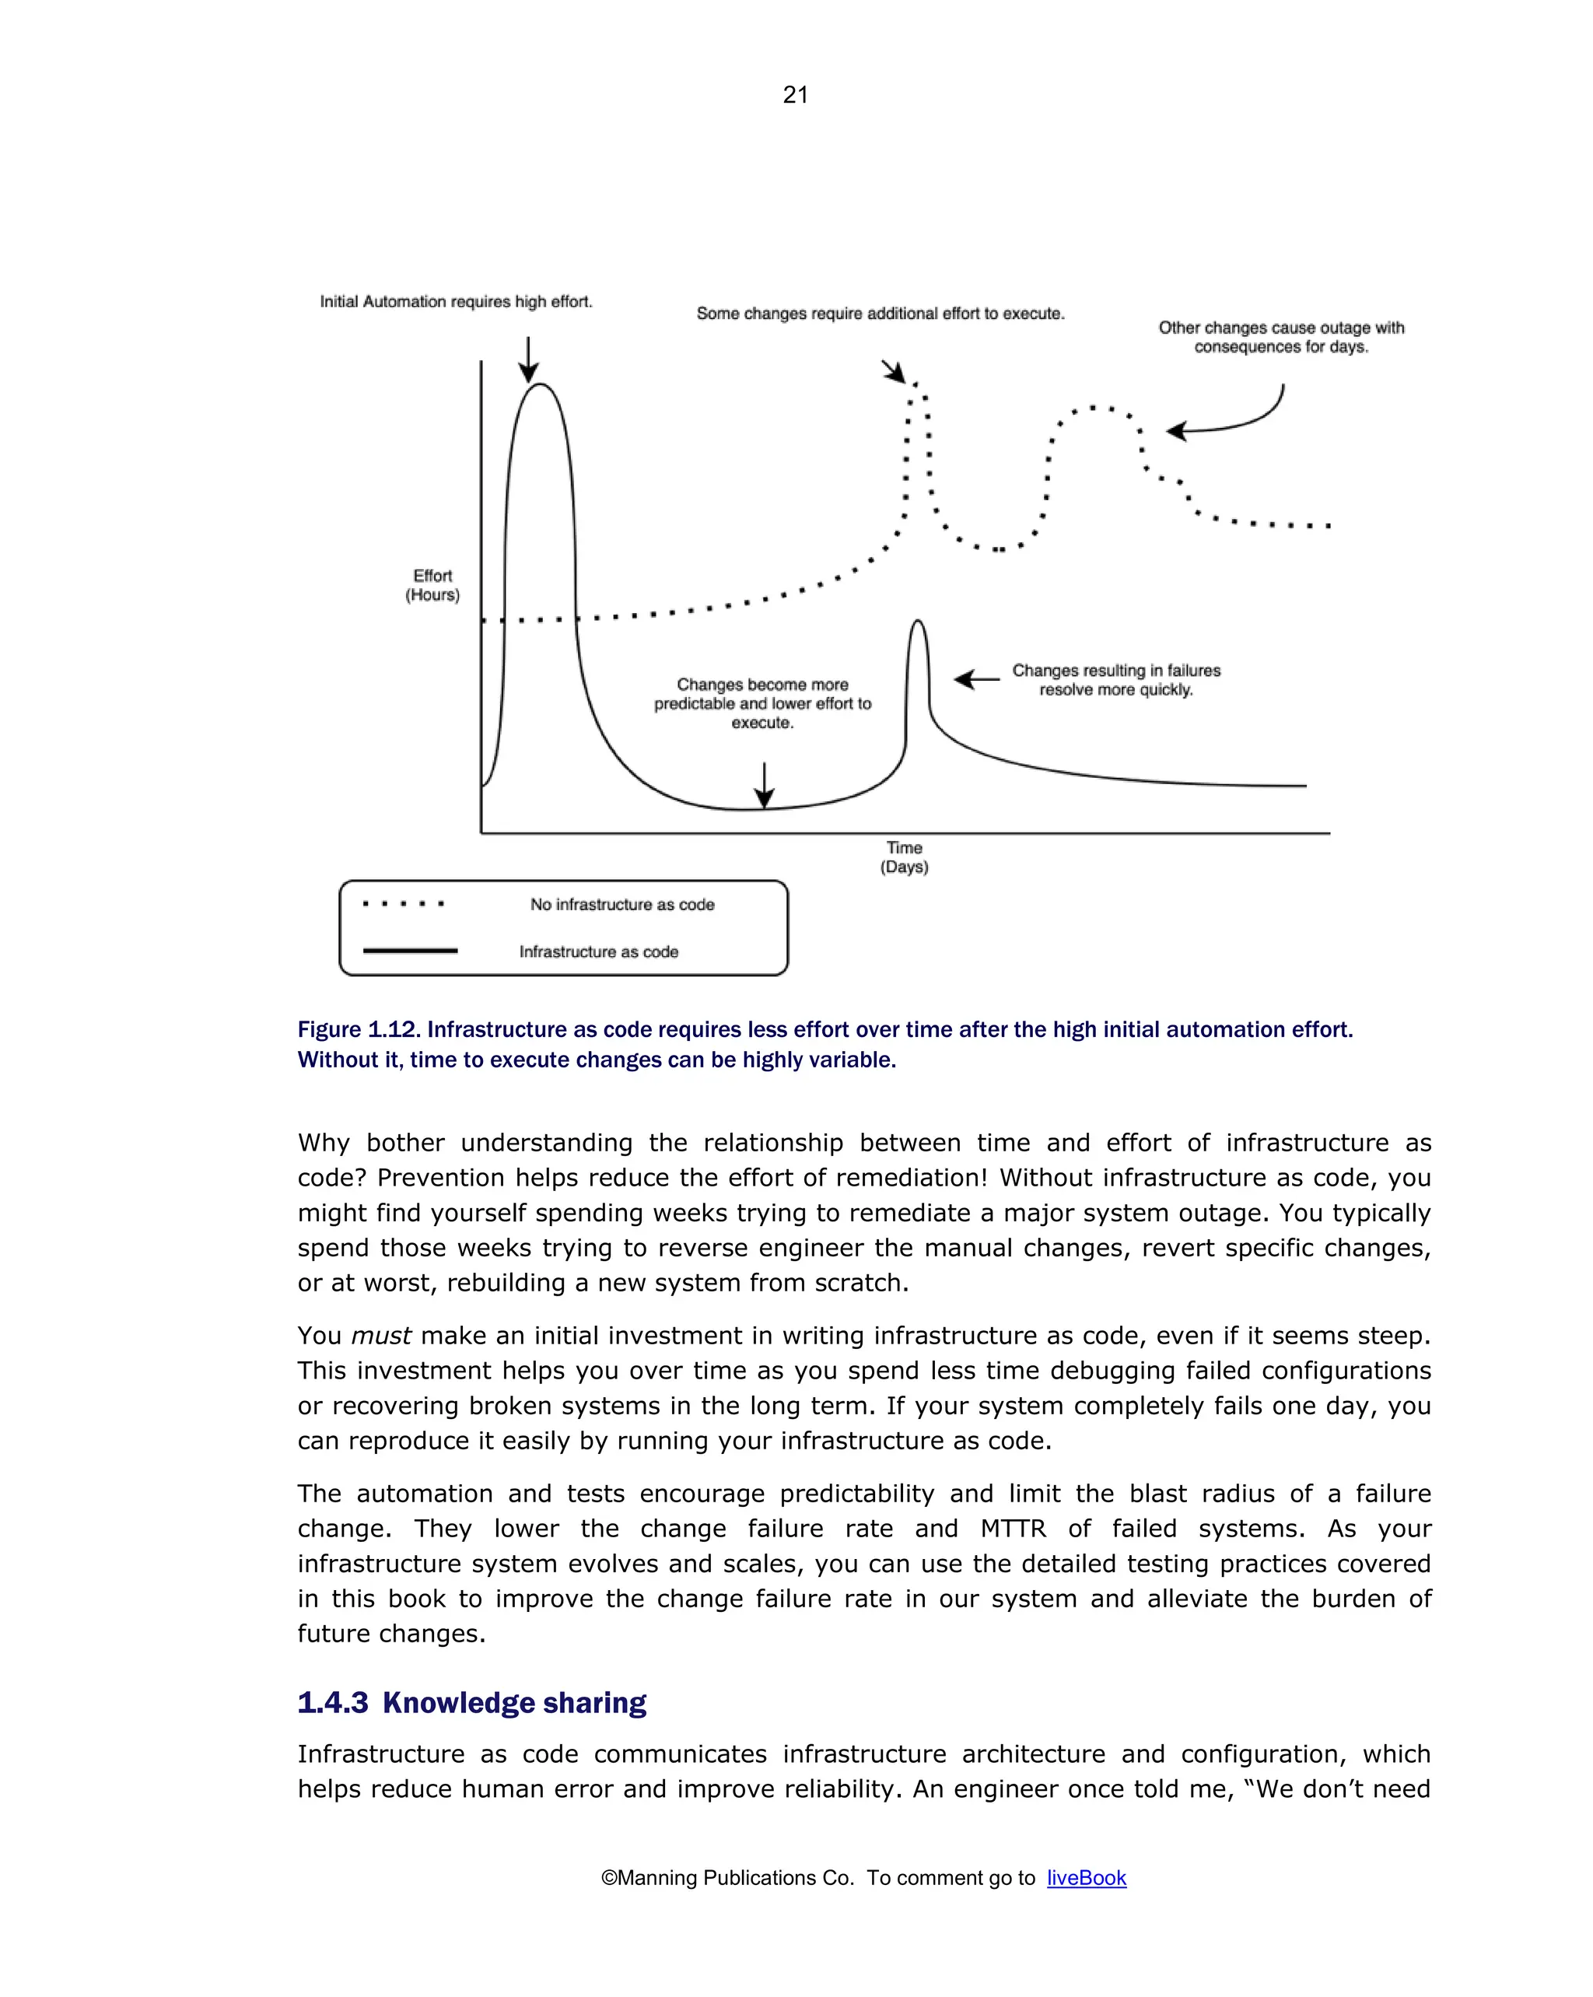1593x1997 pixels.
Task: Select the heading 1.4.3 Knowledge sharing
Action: coord(471,1702)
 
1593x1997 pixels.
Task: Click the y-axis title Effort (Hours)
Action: coord(432,585)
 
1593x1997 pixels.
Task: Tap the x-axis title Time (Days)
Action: coord(904,857)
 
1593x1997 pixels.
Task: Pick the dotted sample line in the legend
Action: coord(403,903)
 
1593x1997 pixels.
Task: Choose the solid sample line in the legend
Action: coord(409,951)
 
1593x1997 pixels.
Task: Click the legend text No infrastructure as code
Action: coord(622,904)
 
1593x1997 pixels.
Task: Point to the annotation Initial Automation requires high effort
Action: coord(456,302)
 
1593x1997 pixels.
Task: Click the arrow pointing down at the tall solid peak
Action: coord(528,359)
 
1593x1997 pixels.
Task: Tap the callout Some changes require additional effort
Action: coord(880,314)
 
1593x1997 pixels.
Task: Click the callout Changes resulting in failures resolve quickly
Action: coord(1115,680)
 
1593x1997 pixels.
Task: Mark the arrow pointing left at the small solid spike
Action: coord(976,680)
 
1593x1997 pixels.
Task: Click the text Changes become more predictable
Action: coord(762,703)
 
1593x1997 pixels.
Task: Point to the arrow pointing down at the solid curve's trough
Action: coord(764,786)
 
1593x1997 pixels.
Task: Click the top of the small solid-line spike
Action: coord(917,622)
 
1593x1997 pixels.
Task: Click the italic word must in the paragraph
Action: coord(380,1336)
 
